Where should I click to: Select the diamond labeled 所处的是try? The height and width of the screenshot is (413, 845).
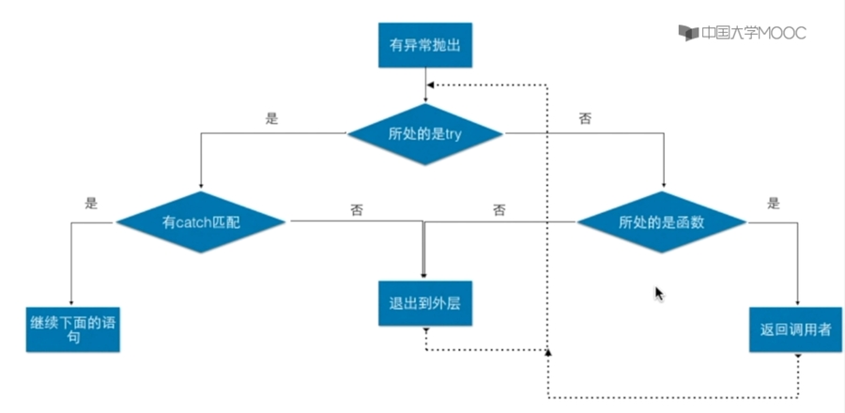click(x=425, y=134)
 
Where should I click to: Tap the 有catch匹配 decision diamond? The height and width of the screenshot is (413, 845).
click(x=201, y=222)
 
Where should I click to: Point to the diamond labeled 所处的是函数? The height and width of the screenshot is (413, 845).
click(x=662, y=222)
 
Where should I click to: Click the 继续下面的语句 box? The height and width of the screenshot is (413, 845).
click(x=73, y=329)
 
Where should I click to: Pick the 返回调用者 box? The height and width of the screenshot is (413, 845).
click(x=795, y=329)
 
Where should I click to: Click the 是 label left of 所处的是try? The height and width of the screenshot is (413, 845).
click(x=273, y=119)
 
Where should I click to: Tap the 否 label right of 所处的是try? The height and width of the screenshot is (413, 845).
click(x=585, y=119)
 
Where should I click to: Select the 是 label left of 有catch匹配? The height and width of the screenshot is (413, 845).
click(x=91, y=203)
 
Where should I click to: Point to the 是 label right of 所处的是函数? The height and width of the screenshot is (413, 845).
click(x=774, y=203)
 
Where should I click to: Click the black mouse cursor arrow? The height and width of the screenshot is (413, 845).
click(x=659, y=294)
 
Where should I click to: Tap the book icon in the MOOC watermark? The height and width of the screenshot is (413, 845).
click(x=688, y=33)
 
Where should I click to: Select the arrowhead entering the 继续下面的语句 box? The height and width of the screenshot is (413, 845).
click(x=71, y=301)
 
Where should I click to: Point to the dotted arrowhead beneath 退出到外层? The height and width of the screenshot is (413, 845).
click(x=425, y=330)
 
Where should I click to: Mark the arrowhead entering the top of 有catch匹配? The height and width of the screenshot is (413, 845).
click(x=201, y=185)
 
